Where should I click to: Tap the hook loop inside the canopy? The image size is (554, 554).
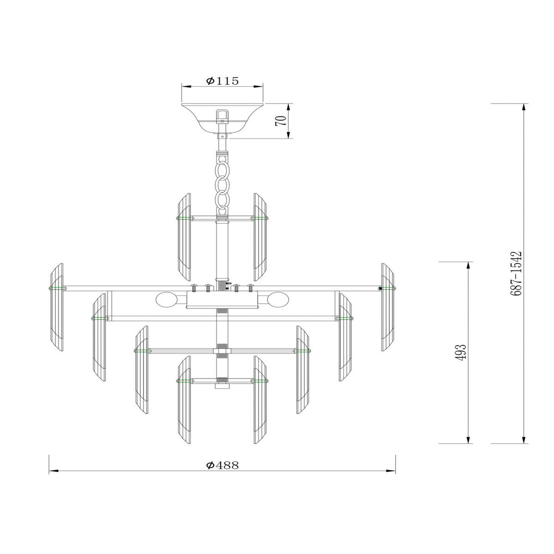222,114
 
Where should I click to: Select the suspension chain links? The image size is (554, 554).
223,182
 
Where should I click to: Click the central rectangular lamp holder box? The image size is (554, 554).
222,300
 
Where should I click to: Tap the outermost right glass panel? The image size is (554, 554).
388,307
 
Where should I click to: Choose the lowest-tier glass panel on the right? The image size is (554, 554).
261,399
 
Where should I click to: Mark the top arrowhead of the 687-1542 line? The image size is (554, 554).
524,107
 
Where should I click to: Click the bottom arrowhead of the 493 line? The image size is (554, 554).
470,440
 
